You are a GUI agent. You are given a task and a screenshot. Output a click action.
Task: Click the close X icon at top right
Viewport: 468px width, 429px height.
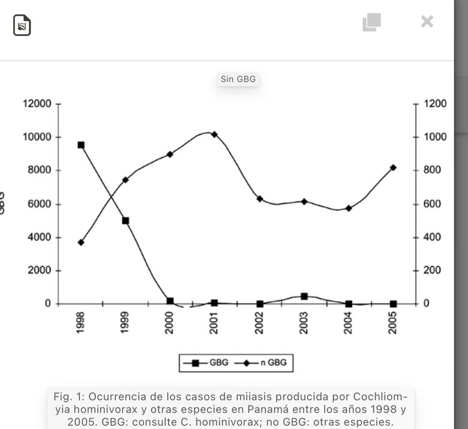(427, 22)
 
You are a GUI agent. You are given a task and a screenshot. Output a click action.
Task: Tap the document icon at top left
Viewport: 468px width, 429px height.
(22, 25)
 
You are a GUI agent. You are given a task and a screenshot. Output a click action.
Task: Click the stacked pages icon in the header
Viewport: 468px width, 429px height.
(371, 22)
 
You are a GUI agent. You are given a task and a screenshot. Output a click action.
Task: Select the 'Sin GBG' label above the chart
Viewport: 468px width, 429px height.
(238, 79)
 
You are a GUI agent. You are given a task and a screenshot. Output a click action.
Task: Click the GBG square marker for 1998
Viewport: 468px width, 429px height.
(81, 145)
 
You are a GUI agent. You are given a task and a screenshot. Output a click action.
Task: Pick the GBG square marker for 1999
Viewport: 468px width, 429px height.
(125, 221)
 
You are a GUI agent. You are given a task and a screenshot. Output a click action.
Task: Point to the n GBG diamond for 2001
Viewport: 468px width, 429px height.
(214, 134)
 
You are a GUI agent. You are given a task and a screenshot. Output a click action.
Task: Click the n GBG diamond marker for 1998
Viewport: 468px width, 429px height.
(81, 242)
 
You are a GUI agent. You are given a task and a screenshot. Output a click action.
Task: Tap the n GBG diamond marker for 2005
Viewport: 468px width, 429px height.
(393, 168)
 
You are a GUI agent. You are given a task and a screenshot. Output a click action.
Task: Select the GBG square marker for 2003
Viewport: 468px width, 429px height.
(304, 296)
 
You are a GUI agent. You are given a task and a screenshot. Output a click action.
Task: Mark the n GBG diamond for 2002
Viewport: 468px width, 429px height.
(260, 199)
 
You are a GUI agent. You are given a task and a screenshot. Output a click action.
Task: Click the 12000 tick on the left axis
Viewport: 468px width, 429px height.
(37, 104)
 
